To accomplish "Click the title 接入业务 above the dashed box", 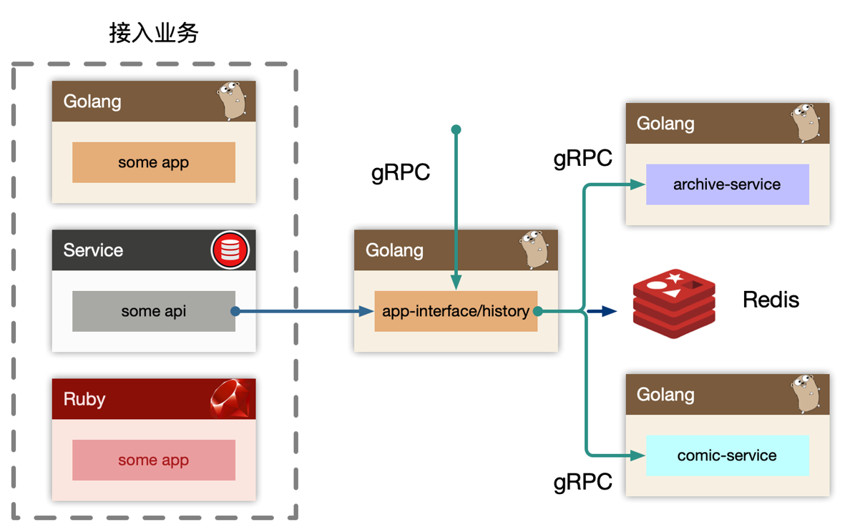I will pyautogui.click(x=154, y=33).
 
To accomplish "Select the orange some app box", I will pyautogui.click(x=154, y=162).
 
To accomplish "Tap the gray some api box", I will pyautogui.click(x=154, y=311).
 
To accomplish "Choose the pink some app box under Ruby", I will pyautogui.click(x=154, y=460).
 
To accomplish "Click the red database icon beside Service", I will pyautogui.click(x=230, y=250).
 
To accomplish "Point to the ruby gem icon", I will pyautogui.click(x=232, y=399).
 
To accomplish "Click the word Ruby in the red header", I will pyautogui.click(x=84, y=399).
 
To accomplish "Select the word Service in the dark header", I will pyautogui.click(x=93, y=250).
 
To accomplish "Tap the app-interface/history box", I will pyautogui.click(x=456, y=311).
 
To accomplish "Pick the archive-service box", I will pyautogui.click(x=727, y=184).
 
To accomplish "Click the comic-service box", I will pyautogui.click(x=727, y=455).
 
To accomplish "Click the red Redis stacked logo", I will pyautogui.click(x=674, y=303).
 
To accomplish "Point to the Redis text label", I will pyautogui.click(x=771, y=300).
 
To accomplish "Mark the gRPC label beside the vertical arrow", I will pyautogui.click(x=401, y=173).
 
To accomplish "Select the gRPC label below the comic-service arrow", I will pyautogui.click(x=583, y=482).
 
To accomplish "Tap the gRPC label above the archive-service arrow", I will pyautogui.click(x=583, y=158).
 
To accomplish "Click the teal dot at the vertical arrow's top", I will pyautogui.click(x=456, y=129).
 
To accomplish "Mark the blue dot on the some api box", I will pyautogui.click(x=235, y=311).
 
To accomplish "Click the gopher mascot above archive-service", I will pyautogui.click(x=805, y=122).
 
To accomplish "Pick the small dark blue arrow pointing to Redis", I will pyautogui.click(x=607, y=311).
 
